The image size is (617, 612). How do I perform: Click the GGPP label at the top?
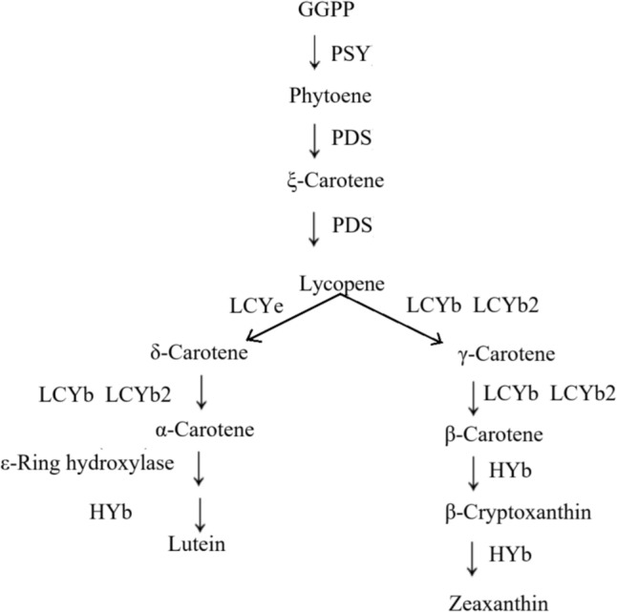[x=314, y=12]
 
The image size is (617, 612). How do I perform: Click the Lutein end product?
[x=199, y=545]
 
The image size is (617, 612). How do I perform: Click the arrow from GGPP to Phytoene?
[x=315, y=53]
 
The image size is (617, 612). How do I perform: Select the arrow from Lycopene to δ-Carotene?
[x=291, y=318]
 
